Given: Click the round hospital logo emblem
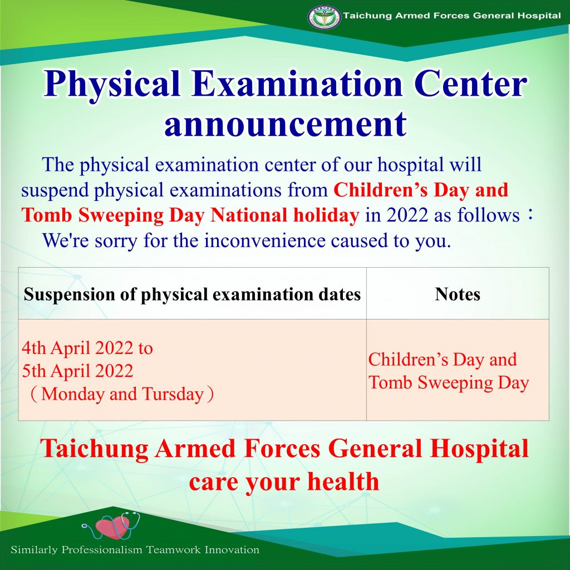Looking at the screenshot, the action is (324, 17).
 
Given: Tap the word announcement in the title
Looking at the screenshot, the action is (286, 124).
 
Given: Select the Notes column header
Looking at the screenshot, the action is (458, 294).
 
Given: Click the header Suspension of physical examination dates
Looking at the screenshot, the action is (192, 294).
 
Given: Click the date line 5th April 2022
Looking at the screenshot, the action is (77, 371).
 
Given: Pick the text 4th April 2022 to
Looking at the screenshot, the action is (87, 348).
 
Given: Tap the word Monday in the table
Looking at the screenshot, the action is (72, 395).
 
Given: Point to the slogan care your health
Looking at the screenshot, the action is (284, 481).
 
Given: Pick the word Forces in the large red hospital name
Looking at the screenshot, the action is (282, 449).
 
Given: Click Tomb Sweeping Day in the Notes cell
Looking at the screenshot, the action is (449, 383).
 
